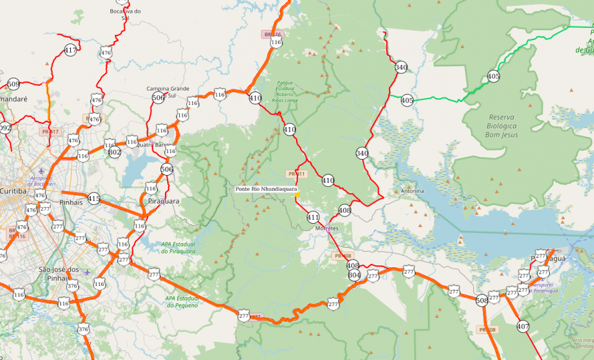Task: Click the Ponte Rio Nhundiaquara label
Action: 266,189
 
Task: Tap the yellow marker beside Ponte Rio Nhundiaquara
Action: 297,194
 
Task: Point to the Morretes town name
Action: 327,228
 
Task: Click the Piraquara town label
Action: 164,201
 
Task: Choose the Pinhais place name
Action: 71,202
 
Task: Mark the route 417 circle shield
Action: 71,50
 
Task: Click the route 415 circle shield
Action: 94,198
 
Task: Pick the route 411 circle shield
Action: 313,217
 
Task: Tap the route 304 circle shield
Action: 354,274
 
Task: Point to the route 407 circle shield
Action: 523,326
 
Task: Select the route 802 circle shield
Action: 115,152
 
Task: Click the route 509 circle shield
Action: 13,84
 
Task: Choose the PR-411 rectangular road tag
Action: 296,174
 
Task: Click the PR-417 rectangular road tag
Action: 50,132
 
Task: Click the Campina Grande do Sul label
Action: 167,91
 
